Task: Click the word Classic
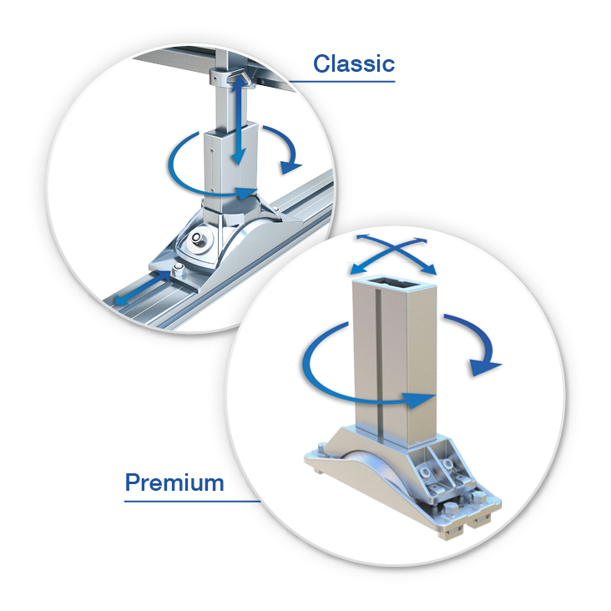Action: pyautogui.click(x=354, y=63)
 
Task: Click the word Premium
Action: pyautogui.click(x=174, y=482)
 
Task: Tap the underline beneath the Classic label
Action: pyautogui.click(x=341, y=82)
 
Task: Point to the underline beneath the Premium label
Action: pyautogui.click(x=192, y=501)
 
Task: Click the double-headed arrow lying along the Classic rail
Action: pyautogui.click(x=143, y=289)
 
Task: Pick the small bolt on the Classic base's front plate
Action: pyautogui.click(x=178, y=269)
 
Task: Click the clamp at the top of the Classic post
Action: pyautogui.click(x=230, y=77)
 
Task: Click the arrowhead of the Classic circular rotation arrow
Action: pyautogui.click(x=247, y=193)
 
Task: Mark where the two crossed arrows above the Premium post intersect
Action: pyautogui.click(x=393, y=250)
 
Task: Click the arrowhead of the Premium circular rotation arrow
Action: pyautogui.click(x=419, y=400)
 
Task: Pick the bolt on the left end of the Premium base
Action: pyautogui.click(x=322, y=448)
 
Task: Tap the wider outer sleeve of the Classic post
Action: pyautogui.click(x=230, y=163)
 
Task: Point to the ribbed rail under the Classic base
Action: pyautogui.click(x=218, y=273)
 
